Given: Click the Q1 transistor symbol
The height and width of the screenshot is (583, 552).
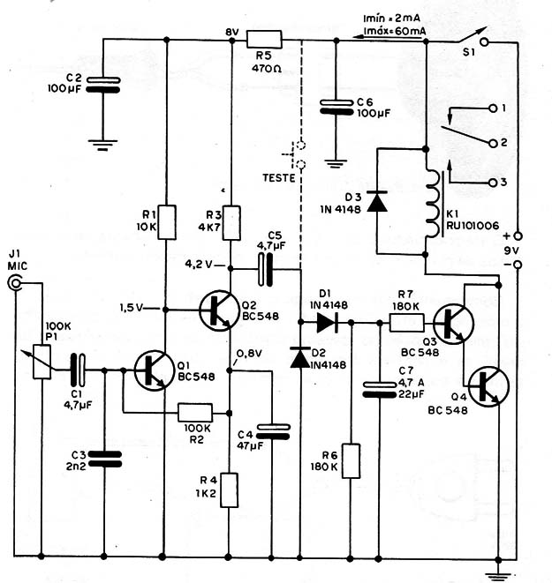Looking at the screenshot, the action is pos(154,370).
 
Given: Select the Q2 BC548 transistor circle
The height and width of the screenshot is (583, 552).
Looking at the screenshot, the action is pos(218,310).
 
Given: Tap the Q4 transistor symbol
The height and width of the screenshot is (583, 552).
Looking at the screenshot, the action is pos(488,386).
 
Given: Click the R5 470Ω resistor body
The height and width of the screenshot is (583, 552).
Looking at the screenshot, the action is pos(264,40).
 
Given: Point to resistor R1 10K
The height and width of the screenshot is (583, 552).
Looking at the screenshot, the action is pos(167,222).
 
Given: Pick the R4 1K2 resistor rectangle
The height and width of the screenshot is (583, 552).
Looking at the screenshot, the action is pos(229,490).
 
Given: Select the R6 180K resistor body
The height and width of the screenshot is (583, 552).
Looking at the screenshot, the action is pos(351,460).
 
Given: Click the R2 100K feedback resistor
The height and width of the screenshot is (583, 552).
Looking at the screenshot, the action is pos(195,413).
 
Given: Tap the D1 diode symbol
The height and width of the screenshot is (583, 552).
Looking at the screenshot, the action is pos(327,322).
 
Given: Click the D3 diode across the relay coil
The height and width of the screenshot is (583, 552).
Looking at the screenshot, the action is pos(377,201).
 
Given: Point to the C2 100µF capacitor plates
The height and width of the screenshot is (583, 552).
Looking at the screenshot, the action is pos(103,85).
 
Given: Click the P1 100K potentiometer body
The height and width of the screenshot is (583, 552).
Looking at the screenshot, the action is pos(42,362).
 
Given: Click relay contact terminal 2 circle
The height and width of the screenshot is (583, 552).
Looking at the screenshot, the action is pos(493,143).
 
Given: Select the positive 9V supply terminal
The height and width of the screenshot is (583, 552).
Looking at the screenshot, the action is pos(518,235).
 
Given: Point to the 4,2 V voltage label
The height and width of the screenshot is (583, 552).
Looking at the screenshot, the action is pos(199,265).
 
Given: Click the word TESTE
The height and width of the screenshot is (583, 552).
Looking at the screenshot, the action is pos(279,178).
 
